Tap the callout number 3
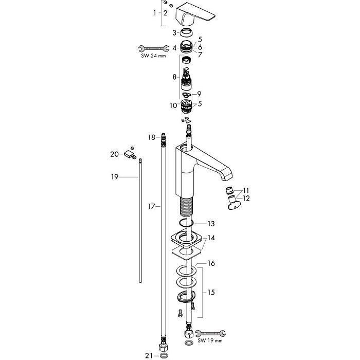click(x=175, y=32)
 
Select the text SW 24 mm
click(x=154, y=56)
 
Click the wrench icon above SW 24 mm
click(x=152, y=48)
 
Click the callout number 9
click(x=199, y=94)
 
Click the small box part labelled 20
click(x=129, y=153)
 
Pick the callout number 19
click(x=115, y=177)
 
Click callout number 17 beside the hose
click(x=151, y=206)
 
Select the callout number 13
click(x=211, y=224)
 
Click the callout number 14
click(x=211, y=239)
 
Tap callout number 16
click(x=211, y=263)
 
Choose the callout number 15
click(x=211, y=292)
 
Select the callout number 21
click(x=149, y=355)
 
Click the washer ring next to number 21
click(x=163, y=355)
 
